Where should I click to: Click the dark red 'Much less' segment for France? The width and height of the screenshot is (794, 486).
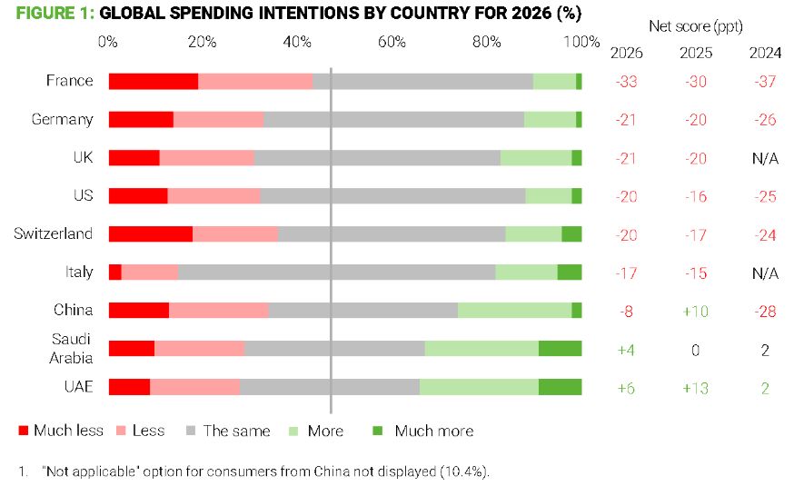coord(154,81)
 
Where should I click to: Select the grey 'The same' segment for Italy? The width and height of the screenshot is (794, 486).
coord(336,272)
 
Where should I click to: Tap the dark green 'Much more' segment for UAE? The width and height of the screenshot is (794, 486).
coord(560,386)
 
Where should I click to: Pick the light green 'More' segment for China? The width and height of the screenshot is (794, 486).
coord(514,310)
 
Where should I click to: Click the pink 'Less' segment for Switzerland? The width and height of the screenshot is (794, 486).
coord(235,233)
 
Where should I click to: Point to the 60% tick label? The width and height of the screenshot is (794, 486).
coord(392,42)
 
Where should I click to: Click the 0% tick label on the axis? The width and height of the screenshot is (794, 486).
coord(108,42)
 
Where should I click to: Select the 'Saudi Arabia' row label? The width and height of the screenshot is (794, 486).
coord(71,348)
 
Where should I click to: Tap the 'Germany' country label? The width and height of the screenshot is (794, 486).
coord(62,119)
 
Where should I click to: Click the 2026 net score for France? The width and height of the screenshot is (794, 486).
coord(626,81)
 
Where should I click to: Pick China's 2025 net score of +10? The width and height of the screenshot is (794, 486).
coord(696,311)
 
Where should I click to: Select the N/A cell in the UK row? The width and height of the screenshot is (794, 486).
coord(765,158)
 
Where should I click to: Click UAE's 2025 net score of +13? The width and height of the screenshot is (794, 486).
coord(696,388)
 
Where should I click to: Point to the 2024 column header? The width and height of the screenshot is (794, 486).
coord(765,52)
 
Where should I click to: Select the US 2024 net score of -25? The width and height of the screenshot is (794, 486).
coord(765,196)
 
